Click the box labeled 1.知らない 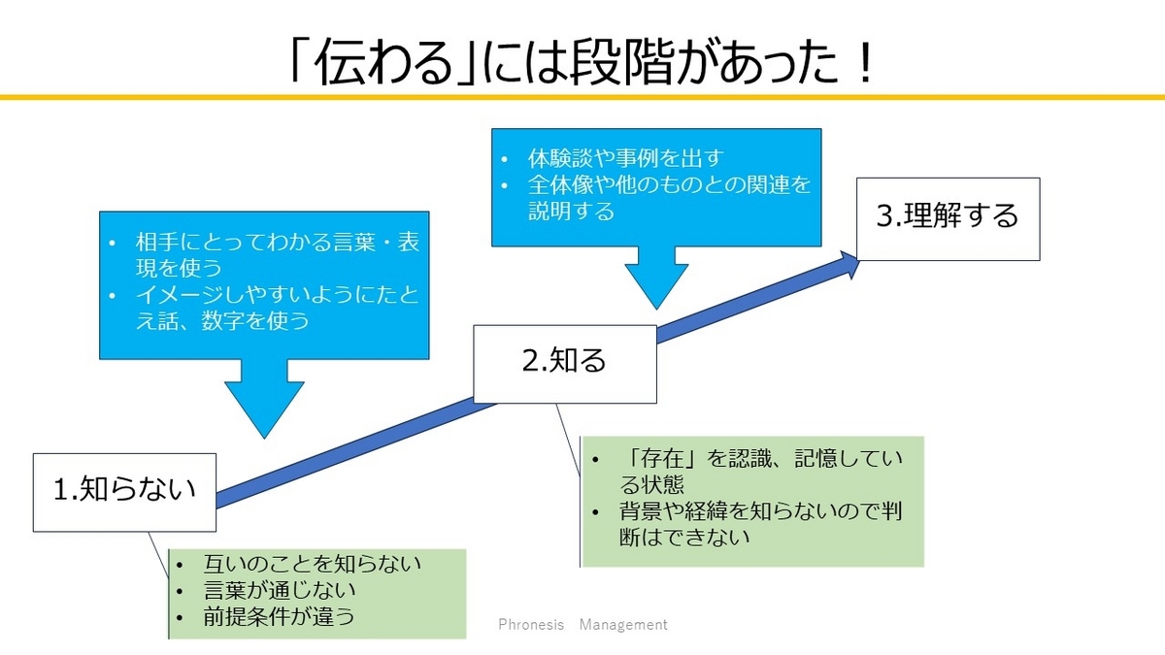tap(125, 492)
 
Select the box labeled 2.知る tap(565, 364)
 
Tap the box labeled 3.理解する tap(949, 219)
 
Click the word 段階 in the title tap(635, 62)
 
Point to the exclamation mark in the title tap(865, 63)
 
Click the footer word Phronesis tap(531, 624)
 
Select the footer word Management tap(623, 624)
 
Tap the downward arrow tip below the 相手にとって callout tap(264, 438)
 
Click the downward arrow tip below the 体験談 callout tap(656, 309)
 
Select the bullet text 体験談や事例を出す tap(625, 158)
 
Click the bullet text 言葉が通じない tap(280, 590)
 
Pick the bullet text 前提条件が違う tap(279, 616)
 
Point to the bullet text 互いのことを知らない tap(312, 564)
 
